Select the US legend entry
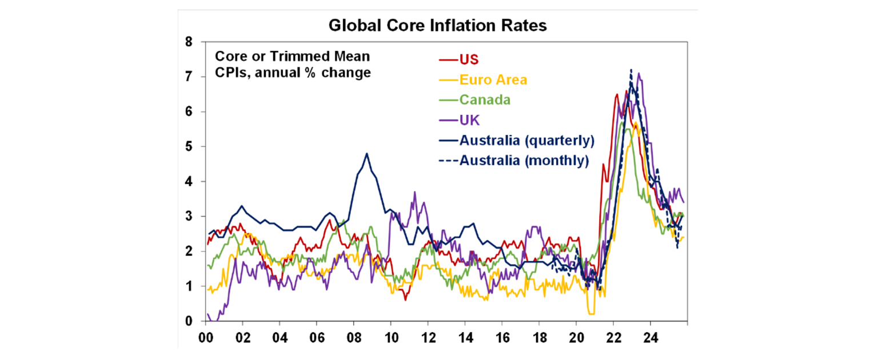tap(469, 60)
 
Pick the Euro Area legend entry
tap(493, 80)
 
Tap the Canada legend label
tap(485, 100)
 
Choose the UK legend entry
tap(469, 121)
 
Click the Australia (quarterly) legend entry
tap(526, 141)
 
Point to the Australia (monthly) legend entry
tap(524, 161)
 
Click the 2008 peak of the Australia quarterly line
tap(366, 153)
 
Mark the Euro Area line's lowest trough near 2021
tap(591, 313)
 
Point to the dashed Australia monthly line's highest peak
tap(630, 70)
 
